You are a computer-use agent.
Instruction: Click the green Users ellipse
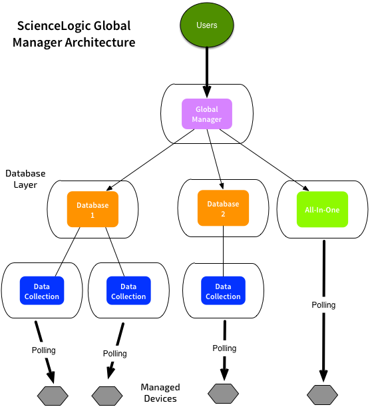(x=207, y=25)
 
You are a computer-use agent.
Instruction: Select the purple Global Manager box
(x=207, y=114)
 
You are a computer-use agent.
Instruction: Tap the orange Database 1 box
(x=92, y=209)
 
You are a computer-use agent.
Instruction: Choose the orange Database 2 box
(x=223, y=208)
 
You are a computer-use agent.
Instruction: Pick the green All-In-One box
(x=322, y=209)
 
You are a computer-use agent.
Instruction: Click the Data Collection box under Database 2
(x=223, y=290)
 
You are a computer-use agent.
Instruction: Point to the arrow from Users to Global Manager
(x=207, y=73)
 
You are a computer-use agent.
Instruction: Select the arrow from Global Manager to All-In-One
(x=264, y=160)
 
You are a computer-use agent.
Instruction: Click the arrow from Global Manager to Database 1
(x=150, y=160)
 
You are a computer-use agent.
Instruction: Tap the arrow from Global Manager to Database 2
(x=215, y=159)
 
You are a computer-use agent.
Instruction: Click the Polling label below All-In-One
(x=323, y=304)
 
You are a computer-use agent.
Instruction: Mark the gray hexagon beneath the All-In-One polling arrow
(x=322, y=395)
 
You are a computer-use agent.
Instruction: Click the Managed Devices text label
(x=160, y=393)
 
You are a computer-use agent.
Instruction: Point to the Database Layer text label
(x=25, y=179)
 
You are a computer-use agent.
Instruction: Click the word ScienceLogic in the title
(x=54, y=26)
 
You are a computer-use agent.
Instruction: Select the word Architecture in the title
(x=100, y=43)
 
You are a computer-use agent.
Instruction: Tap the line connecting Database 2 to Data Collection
(x=223, y=251)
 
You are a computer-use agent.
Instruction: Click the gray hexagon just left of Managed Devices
(x=107, y=396)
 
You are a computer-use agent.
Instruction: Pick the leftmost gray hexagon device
(x=53, y=396)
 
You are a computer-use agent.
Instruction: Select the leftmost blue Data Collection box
(x=42, y=290)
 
